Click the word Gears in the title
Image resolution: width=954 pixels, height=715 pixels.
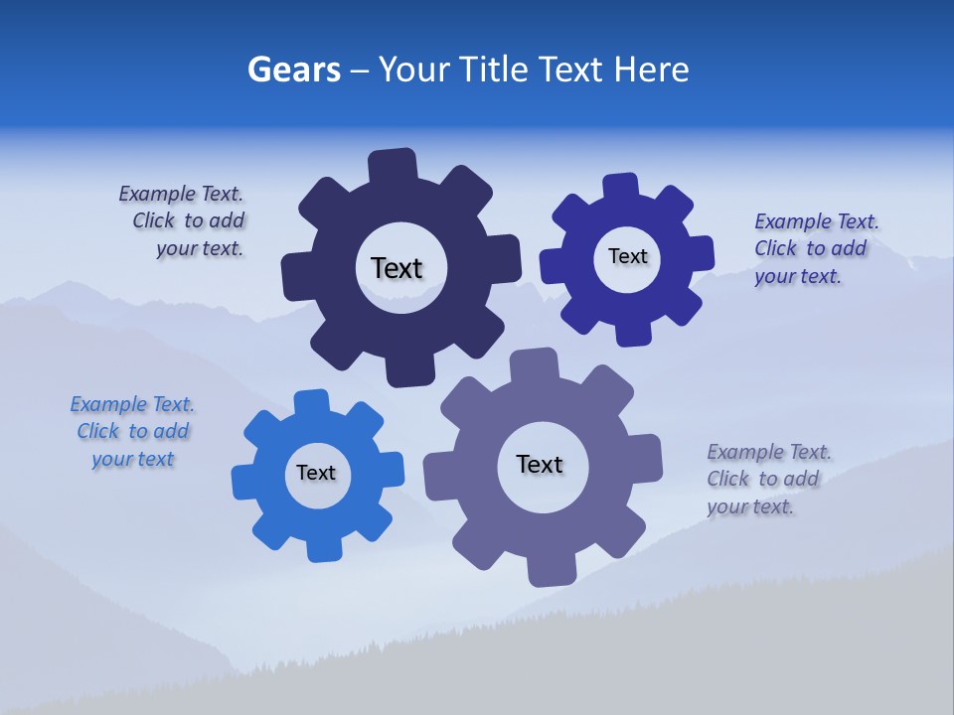click(294, 70)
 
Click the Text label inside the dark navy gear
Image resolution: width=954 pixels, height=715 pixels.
click(397, 268)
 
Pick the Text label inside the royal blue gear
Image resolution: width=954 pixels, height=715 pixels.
click(627, 256)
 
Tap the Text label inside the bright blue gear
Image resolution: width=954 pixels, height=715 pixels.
click(316, 473)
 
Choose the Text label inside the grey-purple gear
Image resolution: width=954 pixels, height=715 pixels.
click(540, 464)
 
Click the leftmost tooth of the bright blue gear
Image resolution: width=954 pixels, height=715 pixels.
click(245, 482)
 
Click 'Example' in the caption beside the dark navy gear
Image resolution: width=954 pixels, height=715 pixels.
click(155, 194)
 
